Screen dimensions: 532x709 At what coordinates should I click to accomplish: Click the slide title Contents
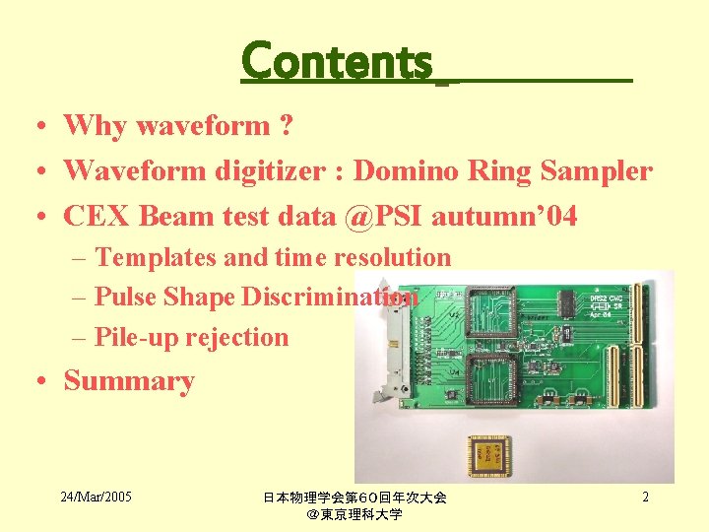coord(337,61)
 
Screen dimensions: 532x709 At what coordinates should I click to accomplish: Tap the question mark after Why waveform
coord(286,126)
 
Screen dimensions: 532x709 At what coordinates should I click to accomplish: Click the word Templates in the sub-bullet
coord(157,258)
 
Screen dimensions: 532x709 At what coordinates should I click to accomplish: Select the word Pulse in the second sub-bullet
coord(126,297)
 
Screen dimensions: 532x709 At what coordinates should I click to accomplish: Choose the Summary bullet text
coord(129,381)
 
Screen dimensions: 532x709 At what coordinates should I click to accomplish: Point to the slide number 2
coord(645,497)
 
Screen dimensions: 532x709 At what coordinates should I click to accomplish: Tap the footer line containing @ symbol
coord(354,514)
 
